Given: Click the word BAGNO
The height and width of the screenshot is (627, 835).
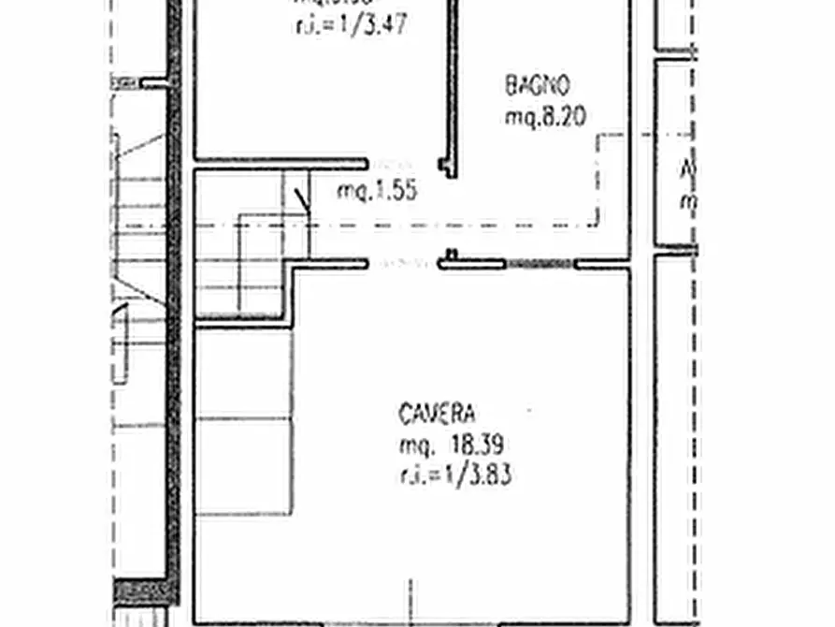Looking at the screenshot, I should click(537, 86).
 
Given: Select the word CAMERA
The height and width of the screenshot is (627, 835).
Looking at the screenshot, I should click(438, 413).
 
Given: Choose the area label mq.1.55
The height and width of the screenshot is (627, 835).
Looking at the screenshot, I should click(376, 192).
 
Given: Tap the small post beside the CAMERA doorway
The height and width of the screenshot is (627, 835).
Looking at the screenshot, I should click(452, 254).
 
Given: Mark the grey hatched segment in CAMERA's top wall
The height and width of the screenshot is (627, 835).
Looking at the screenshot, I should click(540, 265).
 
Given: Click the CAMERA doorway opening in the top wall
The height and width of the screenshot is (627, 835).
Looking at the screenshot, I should click(404, 264).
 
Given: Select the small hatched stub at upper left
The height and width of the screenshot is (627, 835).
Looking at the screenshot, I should click(124, 82).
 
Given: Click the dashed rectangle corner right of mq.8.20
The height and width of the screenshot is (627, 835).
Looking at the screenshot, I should click(598, 137).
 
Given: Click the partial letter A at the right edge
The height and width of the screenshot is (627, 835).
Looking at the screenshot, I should click(688, 171).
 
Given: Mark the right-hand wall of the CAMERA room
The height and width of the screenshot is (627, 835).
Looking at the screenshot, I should click(628, 440).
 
